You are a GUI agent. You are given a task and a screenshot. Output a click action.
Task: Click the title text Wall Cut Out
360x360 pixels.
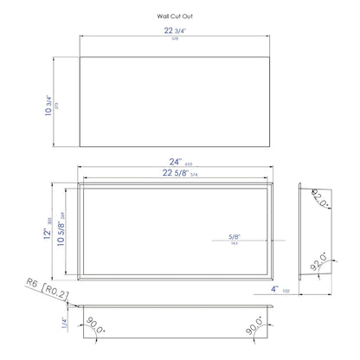176,16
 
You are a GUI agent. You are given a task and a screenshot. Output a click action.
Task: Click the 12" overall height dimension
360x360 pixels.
48,229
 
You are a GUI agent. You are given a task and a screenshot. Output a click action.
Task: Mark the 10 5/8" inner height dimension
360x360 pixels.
61,230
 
